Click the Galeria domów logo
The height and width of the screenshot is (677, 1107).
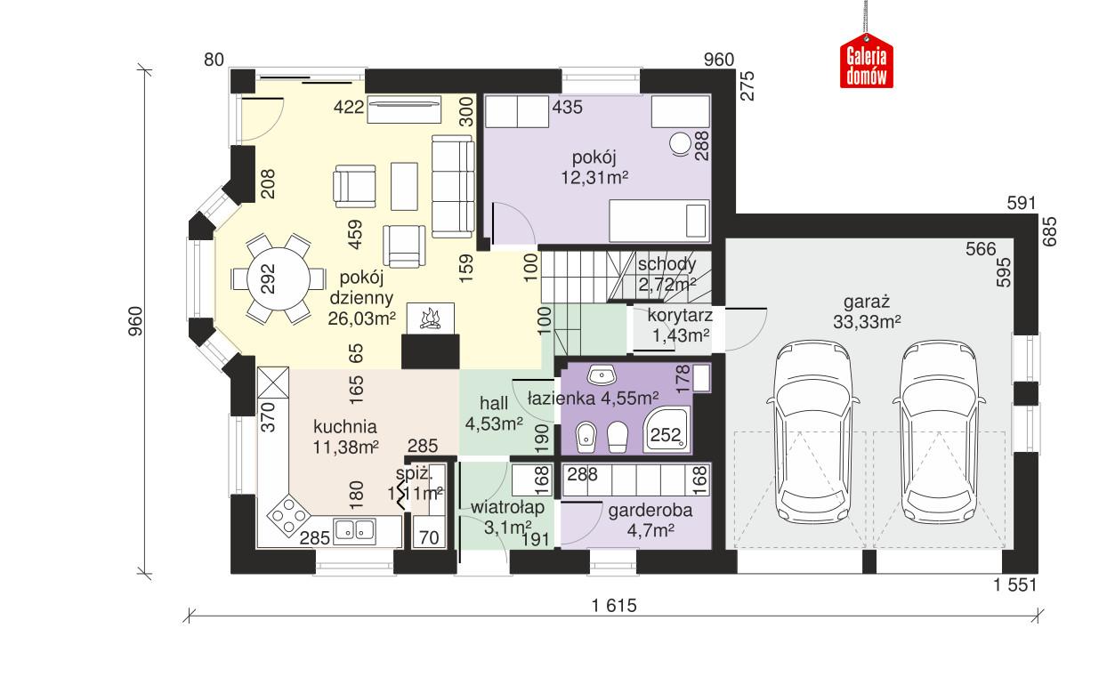point(866,64)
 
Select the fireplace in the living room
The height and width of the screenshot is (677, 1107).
point(431,318)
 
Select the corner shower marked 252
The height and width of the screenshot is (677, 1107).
point(667,430)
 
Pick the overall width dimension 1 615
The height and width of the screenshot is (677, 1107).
point(614,605)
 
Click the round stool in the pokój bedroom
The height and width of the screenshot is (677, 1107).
point(682,143)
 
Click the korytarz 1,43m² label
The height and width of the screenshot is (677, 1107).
point(680,325)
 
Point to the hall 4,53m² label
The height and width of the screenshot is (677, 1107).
point(493,414)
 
